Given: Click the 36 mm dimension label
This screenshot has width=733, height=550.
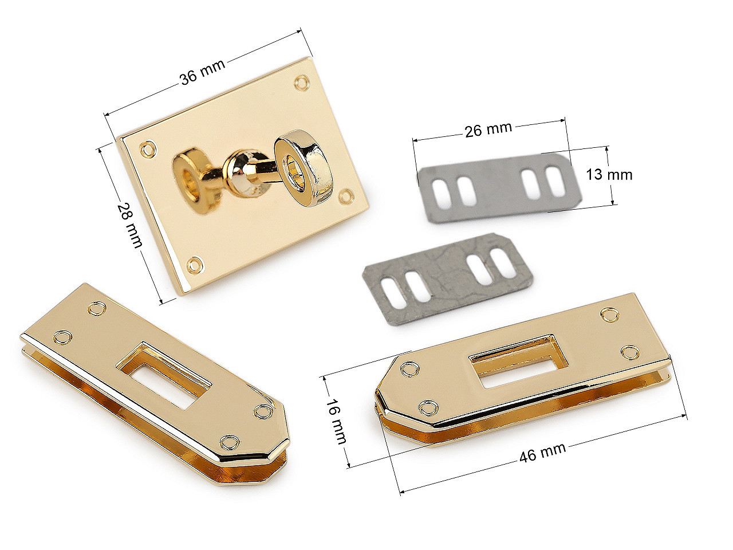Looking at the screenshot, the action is point(202,72).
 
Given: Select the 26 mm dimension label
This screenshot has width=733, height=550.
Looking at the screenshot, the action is point(488,129).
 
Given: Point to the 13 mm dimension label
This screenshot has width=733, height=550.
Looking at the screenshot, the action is point(609,175).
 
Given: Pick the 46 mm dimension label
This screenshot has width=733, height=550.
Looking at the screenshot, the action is point(542,453).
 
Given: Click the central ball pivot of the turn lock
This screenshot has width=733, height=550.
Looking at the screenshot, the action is point(243,170).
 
